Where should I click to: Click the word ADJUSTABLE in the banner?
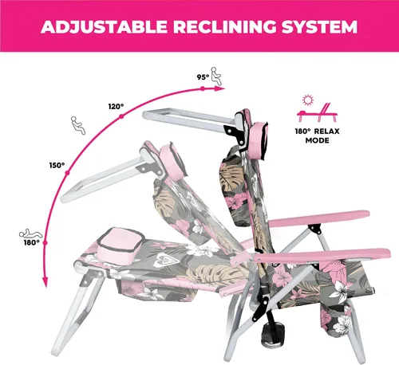pos(104,27)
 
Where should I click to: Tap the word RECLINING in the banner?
pos(224,27)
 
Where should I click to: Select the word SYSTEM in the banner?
pos(319,27)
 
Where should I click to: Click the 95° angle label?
pos(203,77)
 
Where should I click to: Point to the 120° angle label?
pos(116,107)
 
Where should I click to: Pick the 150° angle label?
pos(57,165)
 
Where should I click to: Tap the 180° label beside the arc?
pos(31,242)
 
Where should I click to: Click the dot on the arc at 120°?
pos(121,116)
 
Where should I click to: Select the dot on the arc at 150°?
pos(67,173)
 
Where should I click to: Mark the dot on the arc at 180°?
pos(45,243)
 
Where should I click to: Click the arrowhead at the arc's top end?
pos(219,88)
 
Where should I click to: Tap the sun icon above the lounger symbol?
pos(308,100)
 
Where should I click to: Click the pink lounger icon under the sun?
pos(318,112)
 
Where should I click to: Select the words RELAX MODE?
pos(317,135)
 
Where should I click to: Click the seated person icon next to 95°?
pos(216,76)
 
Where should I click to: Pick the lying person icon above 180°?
pos(30,234)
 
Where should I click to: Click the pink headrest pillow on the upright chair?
pos(258,141)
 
